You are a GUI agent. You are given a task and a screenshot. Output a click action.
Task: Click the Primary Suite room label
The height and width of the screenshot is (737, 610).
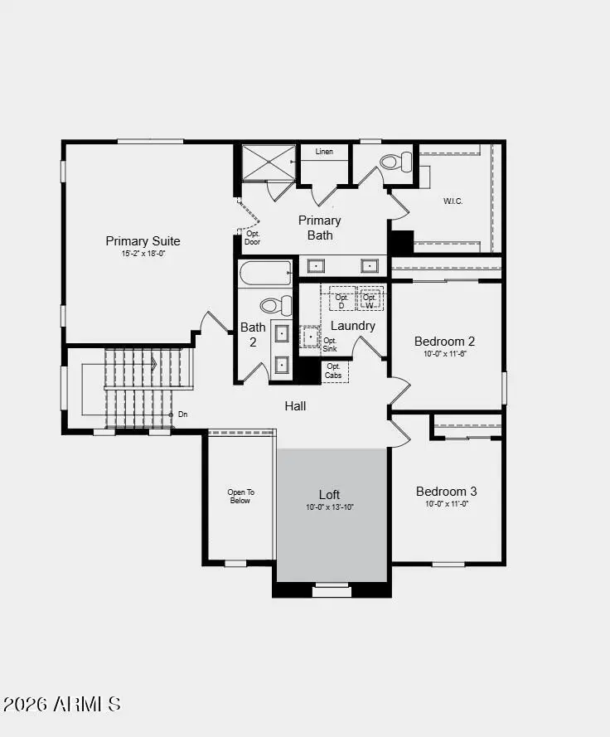143,241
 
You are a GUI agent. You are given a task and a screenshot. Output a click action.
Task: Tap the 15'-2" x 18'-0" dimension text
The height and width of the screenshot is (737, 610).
143,254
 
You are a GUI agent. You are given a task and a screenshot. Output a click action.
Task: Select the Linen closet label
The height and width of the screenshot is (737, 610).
324,152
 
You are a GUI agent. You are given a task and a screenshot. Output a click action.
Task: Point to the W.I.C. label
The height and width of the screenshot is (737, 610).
453,200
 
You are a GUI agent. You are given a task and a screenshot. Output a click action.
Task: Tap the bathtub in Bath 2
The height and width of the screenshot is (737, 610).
265,272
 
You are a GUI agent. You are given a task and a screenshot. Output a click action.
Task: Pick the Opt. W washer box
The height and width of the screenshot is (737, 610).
370,299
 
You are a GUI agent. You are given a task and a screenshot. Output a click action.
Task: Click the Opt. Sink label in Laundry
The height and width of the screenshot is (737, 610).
330,345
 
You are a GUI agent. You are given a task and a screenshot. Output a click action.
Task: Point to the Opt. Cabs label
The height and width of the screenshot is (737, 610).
334,371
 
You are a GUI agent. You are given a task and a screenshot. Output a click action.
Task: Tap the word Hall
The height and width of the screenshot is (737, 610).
296,405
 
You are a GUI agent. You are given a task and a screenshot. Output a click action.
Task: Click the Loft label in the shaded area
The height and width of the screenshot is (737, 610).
330,495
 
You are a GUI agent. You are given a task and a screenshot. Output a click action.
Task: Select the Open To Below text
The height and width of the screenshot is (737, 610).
240,497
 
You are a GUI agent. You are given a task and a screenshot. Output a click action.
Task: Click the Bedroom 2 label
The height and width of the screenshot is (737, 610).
444,341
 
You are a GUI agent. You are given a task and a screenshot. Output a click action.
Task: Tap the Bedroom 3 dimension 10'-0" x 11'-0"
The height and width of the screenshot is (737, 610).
446,504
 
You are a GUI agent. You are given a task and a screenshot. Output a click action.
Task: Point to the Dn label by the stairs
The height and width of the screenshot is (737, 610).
182,414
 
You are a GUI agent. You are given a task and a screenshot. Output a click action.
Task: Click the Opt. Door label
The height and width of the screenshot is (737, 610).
253,238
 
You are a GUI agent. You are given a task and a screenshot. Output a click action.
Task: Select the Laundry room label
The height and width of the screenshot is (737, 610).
353,326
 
